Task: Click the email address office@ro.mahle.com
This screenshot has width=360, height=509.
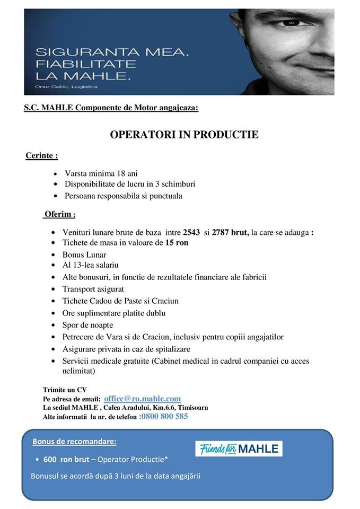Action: click(x=143, y=399)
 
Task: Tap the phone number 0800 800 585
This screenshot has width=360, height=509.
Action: click(x=164, y=417)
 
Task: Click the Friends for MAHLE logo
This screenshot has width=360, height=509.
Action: click(x=239, y=449)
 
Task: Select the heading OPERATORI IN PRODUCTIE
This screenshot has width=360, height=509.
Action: click(x=184, y=135)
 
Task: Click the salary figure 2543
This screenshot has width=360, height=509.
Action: click(x=192, y=232)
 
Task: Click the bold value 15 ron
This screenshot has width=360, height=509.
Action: click(x=177, y=243)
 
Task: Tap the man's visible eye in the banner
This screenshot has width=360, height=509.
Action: click(x=293, y=23)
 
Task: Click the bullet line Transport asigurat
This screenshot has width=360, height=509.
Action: click(x=93, y=289)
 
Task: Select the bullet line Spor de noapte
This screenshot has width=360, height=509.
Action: click(x=87, y=325)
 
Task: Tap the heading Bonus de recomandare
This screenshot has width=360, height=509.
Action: click(x=74, y=441)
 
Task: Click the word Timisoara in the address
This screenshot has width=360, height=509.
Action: click(x=193, y=408)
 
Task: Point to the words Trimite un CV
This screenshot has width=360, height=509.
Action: click(x=65, y=390)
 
